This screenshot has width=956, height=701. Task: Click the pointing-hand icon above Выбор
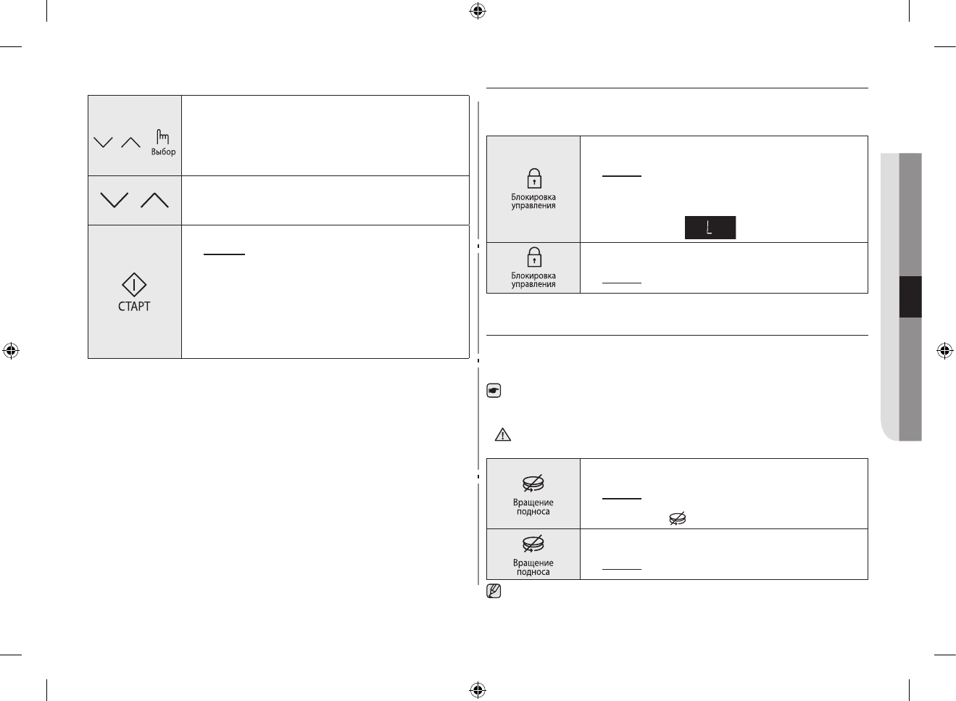[x=163, y=136]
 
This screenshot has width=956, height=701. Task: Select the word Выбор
[x=163, y=152]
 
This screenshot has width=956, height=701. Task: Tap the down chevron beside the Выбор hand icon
[x=104, y=142]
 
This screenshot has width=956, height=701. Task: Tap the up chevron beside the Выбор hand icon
[x=130, y=142]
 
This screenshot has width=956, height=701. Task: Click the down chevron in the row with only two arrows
[x=114, y=200]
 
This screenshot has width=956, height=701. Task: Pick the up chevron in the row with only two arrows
[x=154, y=200]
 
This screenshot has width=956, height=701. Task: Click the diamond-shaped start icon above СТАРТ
[x=134, y=285]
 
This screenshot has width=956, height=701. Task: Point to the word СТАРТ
[x=134, y=307]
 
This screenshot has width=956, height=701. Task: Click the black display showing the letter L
[x=710, y=228]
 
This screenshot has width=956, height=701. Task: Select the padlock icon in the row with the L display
[x=533, y=178]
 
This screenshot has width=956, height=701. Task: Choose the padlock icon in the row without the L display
[x=533, y=257]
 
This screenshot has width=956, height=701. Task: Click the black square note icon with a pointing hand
[x=494, y=391]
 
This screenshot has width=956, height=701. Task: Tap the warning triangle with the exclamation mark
[x=502, y=435]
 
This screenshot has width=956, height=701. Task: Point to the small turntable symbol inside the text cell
[x=677, y=518]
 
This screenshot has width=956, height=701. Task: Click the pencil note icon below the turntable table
[x=494, y=591]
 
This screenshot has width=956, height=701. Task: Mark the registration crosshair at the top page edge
[x=477, y=11]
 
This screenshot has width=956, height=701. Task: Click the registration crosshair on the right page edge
[x=944, y=351]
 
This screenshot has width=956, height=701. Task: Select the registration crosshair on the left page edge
[x=11, y=351]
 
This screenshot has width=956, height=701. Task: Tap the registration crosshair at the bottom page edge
[x=477, y=689]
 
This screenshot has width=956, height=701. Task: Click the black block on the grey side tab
[x=910, y=296]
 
